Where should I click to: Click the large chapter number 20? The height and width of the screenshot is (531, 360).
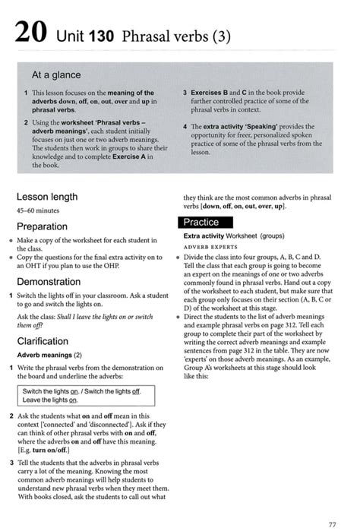[x=30, y=34]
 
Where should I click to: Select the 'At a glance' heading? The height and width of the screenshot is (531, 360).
[x=56, y=76]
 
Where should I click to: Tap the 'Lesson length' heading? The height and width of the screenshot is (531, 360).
[x=47, y=197]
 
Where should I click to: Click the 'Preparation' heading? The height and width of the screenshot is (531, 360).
[x=43, y=226]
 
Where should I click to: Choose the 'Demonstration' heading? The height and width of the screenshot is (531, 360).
[x=49, y=281]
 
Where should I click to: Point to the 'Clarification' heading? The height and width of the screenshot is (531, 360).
[x=43, y=341]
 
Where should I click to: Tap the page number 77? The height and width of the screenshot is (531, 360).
[x=332, y=523]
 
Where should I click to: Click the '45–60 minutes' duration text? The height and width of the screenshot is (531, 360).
[x=38, y=210]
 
